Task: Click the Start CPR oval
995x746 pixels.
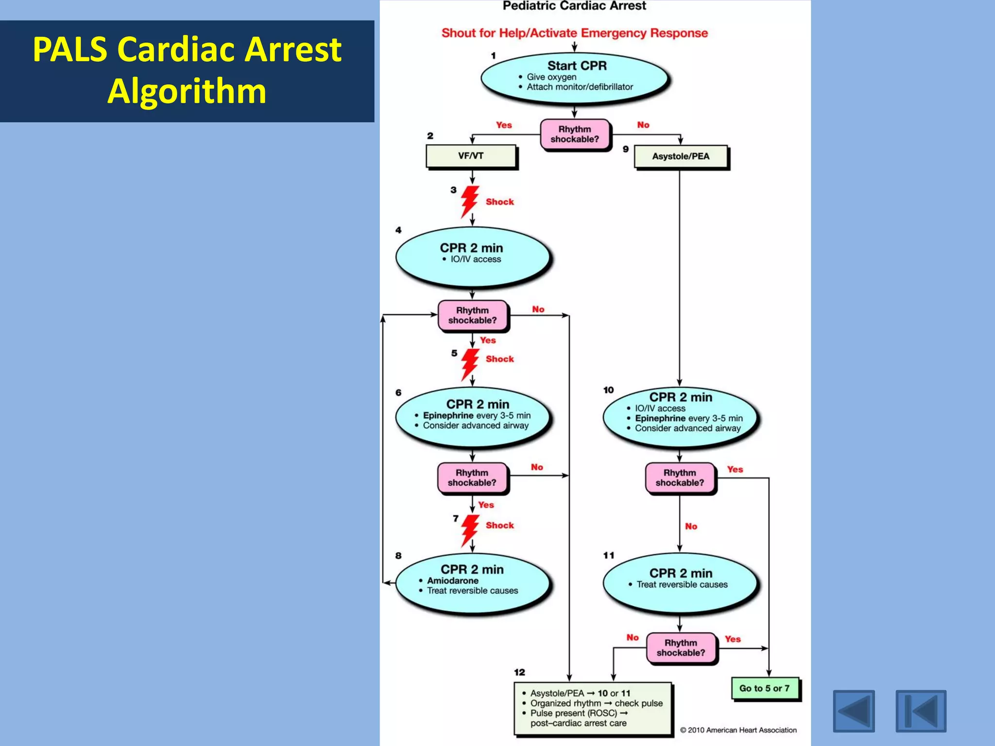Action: tap(575, 78)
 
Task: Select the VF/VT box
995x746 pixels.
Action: tap(471, 156)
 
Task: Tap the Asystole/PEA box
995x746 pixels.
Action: tap(681, 156)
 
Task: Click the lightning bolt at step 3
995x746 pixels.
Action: tap(469, 201)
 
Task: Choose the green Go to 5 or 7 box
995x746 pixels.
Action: tap(764, 688)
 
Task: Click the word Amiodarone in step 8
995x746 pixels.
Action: tap(452, 580)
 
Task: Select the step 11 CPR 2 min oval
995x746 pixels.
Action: tap(680, 582)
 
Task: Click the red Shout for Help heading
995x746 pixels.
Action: tap(574, 33)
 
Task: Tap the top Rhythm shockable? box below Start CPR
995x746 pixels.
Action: tap(575, 135)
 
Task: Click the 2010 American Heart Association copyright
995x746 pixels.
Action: tap(738, 730)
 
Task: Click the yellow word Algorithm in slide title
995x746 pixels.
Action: tap(187, 91)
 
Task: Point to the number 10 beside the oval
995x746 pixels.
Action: tap(608, 390)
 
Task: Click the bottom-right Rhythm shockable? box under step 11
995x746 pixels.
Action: tap(681, 648)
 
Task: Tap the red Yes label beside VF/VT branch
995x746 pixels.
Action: tap(504, 125)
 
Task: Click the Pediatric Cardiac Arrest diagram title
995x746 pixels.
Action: tap(574, 6)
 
